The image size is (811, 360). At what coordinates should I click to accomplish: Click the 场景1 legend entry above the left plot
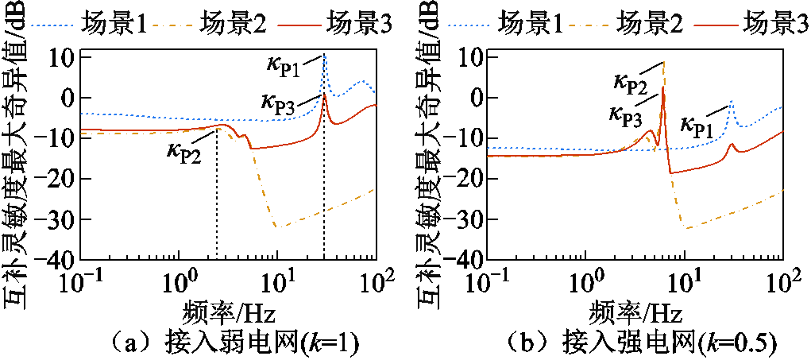click(113, 25)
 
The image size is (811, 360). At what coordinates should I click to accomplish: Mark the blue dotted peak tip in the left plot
click(324, 55)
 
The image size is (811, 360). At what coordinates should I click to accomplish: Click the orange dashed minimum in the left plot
click(275, 226)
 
